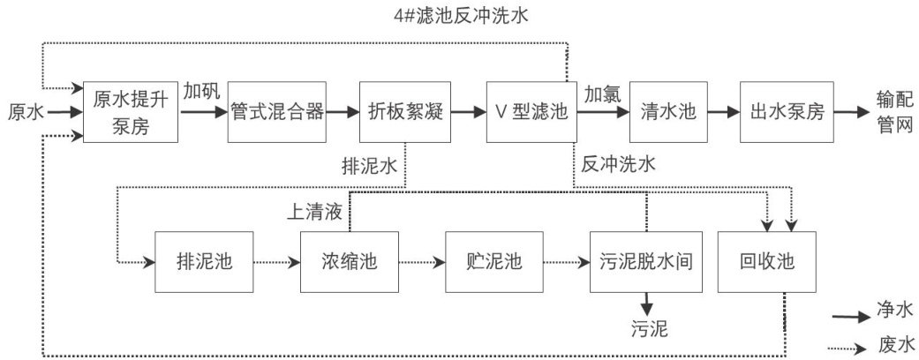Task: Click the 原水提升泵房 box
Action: click(x=131, y=112)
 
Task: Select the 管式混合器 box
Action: click(x=276, y=112)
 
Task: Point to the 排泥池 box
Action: click(x=205, y=262)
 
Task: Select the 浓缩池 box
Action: click(x=350, y=262)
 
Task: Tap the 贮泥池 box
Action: click(x=494, y=262)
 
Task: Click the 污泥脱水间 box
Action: click(x=646, y=262)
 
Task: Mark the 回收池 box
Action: click(x=766, y=262)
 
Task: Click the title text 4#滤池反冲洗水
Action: click(x=461, y=16)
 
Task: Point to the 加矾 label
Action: click(x=201, y=92)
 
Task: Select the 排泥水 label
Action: click(x=370, y=166)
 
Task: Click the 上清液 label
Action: click(x=314, y=212)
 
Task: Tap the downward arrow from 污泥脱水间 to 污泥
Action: click(x=646, y=304)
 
